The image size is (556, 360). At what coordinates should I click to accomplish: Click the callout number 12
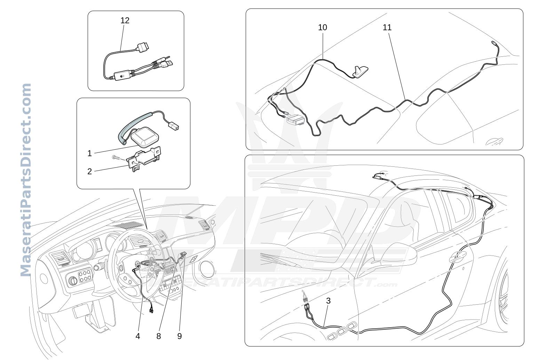(x=125, y=21)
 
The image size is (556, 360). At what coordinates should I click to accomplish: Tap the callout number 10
(x=323, y=27)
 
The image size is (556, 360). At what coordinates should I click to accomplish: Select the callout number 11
(x=387, y=27)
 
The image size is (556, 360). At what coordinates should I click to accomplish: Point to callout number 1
(x=90, y=153)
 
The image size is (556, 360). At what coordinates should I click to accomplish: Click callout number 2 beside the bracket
(x=90, y=171)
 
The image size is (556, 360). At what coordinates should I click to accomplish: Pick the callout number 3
(x=328, y=301)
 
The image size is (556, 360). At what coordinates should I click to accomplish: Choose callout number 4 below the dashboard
(x=138, y=336)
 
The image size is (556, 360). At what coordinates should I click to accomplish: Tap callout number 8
(x=159, y=336)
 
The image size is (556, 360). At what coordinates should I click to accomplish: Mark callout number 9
(x=180, y=336)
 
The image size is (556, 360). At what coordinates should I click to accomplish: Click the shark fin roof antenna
(x=360, y=72)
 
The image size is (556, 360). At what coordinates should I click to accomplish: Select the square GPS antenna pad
(x=145, y=137)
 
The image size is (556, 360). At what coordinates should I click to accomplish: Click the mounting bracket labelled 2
(x=143, y=159)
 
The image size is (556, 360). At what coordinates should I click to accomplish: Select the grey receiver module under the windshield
(x=296, y=120)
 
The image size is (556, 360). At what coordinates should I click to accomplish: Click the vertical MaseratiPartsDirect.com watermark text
(x=26, y=180)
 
